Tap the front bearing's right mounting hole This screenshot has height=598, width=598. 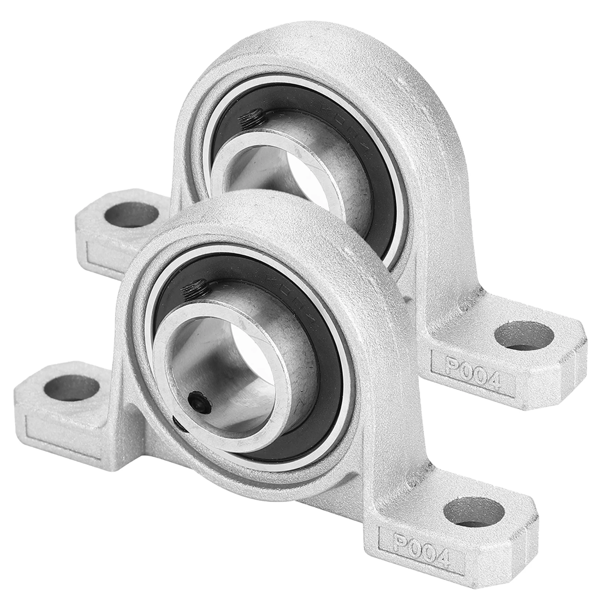[x=475, y=511]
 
